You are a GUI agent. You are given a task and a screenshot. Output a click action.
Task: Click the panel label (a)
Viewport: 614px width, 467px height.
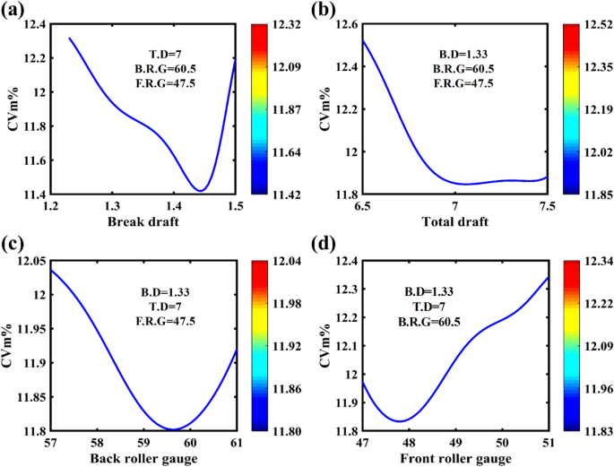(x=15, y=11)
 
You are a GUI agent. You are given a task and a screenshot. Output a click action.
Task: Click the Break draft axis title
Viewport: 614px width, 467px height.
(x=143, y=221)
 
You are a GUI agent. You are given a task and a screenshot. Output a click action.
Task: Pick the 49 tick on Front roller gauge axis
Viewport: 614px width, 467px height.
(x=454, y=442)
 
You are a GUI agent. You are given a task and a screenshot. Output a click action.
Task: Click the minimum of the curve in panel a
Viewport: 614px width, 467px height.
(x=202, y=190)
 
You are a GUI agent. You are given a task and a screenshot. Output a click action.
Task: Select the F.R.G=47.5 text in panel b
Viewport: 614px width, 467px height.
(x=463, y=83)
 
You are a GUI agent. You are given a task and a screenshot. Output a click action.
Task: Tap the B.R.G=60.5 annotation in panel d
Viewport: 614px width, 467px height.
(x=427, y=319)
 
